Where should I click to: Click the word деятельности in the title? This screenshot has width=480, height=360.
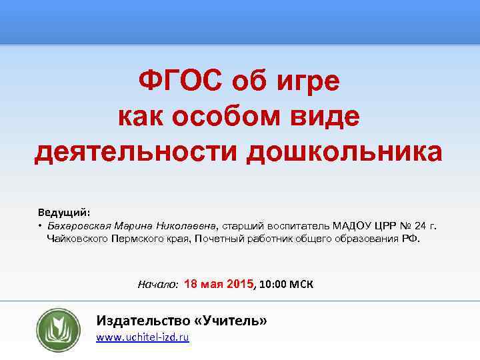pyautogui.click(x=135, y=151)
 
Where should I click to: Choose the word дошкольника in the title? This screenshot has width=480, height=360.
pyautogui.click(x=344, y=151)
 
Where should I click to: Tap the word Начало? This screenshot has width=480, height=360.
pyautogui.click(x=157, y=284)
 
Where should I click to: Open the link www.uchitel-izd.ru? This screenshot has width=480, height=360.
pyautogui.click(x=143, y=338)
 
